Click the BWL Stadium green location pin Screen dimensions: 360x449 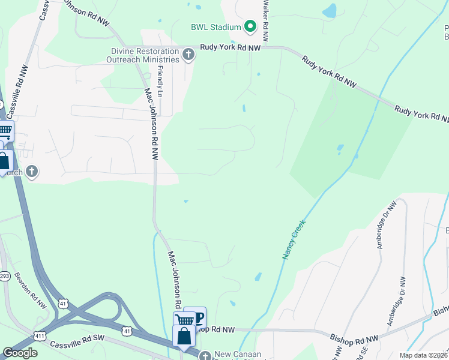point(250,26)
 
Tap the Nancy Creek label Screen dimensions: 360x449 point(294,239)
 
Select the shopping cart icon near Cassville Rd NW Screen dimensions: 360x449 point(4,130)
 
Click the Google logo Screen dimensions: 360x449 point(20,353)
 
